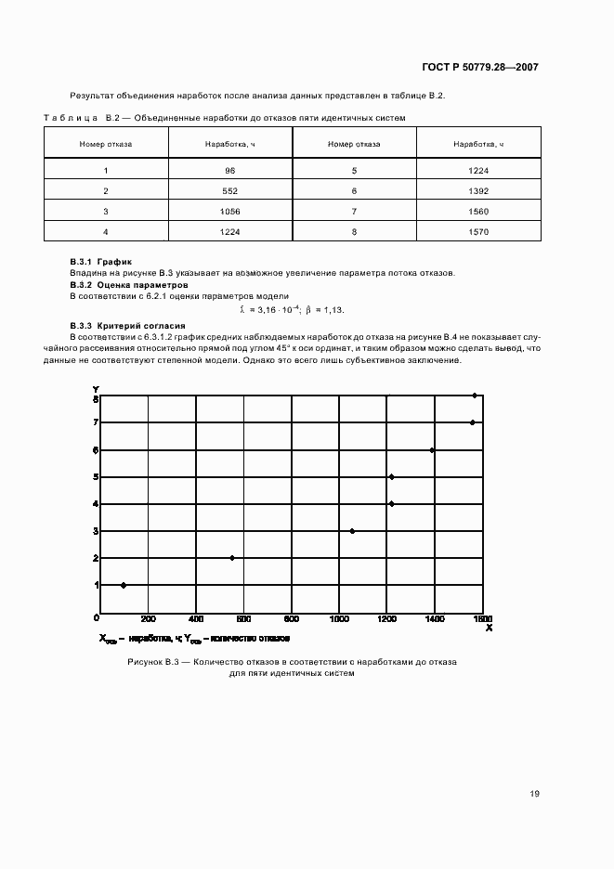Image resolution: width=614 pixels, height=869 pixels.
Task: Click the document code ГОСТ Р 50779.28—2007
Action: coord(481,67)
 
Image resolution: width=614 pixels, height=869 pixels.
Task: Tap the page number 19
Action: coord(534,794)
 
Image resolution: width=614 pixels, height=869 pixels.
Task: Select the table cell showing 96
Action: coord(230,170)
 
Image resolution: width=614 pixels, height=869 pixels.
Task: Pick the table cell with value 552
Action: coord(230,190)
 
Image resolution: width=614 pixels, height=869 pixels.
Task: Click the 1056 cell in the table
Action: coord(230,211)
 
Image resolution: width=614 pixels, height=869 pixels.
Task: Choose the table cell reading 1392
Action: coord(479,190)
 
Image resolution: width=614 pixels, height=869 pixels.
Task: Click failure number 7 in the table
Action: coord(355,211)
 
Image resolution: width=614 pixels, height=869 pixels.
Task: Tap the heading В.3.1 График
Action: coord(102,263)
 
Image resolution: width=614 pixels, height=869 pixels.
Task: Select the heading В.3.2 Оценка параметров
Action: coord(129,285)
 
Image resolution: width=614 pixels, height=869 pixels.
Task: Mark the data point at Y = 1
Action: coord(124,585)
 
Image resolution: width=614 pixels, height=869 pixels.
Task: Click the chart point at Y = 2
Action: coord(232,558)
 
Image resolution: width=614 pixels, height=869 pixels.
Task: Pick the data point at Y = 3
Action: coord(352,531)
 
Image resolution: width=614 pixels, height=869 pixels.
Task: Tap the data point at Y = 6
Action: coord(432,450)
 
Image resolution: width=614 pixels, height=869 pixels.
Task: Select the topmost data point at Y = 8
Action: coord(475,396)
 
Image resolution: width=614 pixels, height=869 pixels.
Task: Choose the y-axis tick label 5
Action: coord(95,477)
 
